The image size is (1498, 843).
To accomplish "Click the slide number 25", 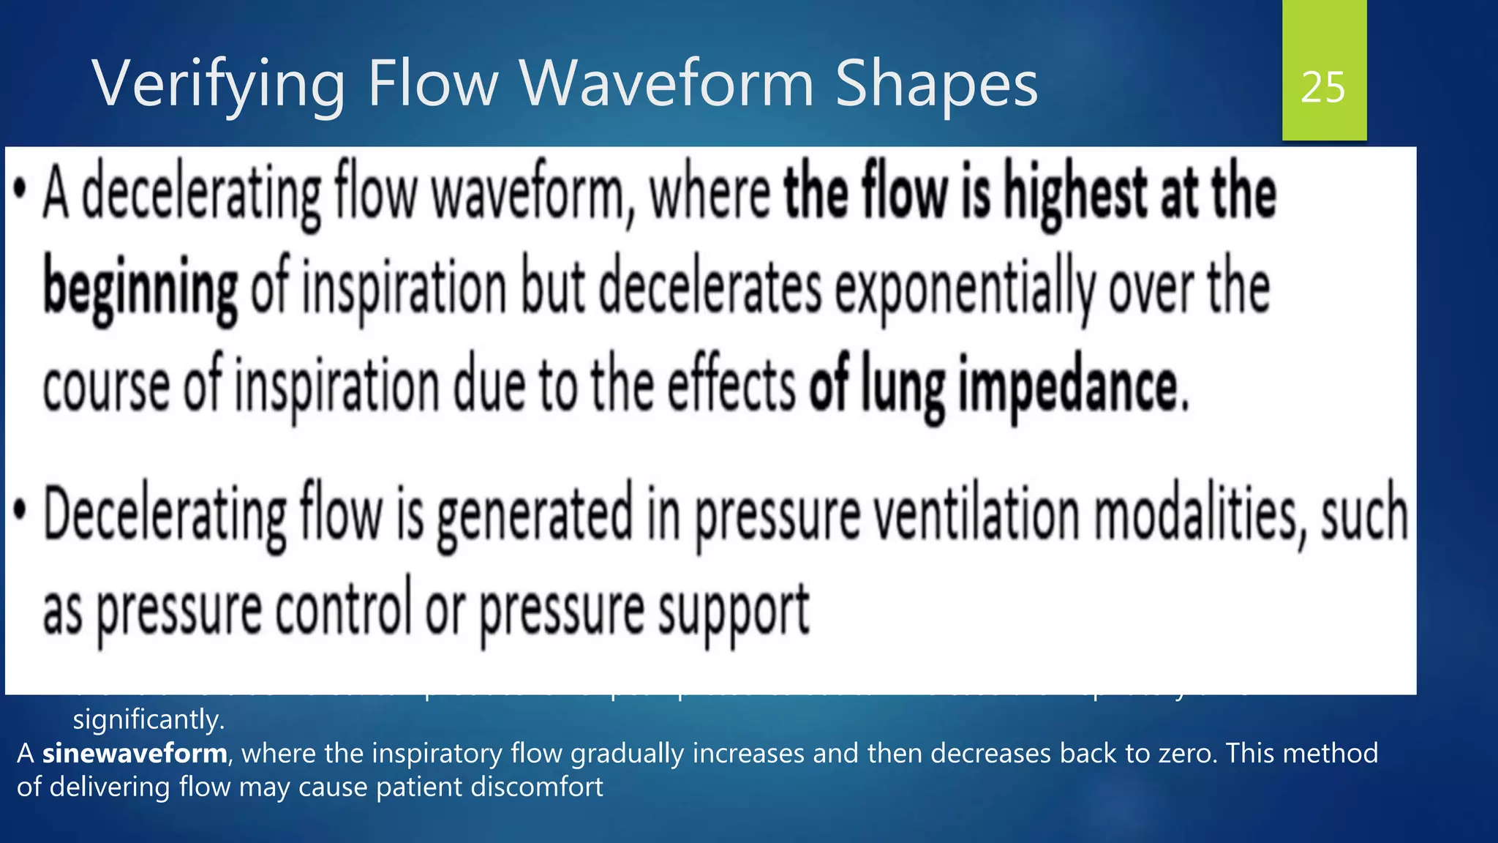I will [x=1323, y=88].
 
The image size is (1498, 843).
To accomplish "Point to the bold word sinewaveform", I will [x=135, y=753].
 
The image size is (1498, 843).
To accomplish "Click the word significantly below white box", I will [x=148, y=720].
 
